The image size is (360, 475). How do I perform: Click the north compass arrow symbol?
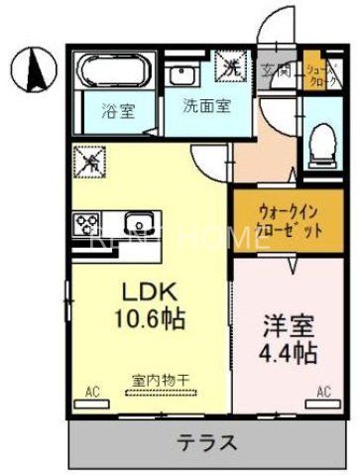pos(33,69)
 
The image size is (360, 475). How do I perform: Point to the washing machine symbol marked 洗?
pos(231,67)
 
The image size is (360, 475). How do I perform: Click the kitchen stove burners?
pos(84,223)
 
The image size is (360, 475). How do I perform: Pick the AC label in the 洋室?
pos(323,391)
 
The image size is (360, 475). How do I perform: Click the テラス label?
pos(207,442)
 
